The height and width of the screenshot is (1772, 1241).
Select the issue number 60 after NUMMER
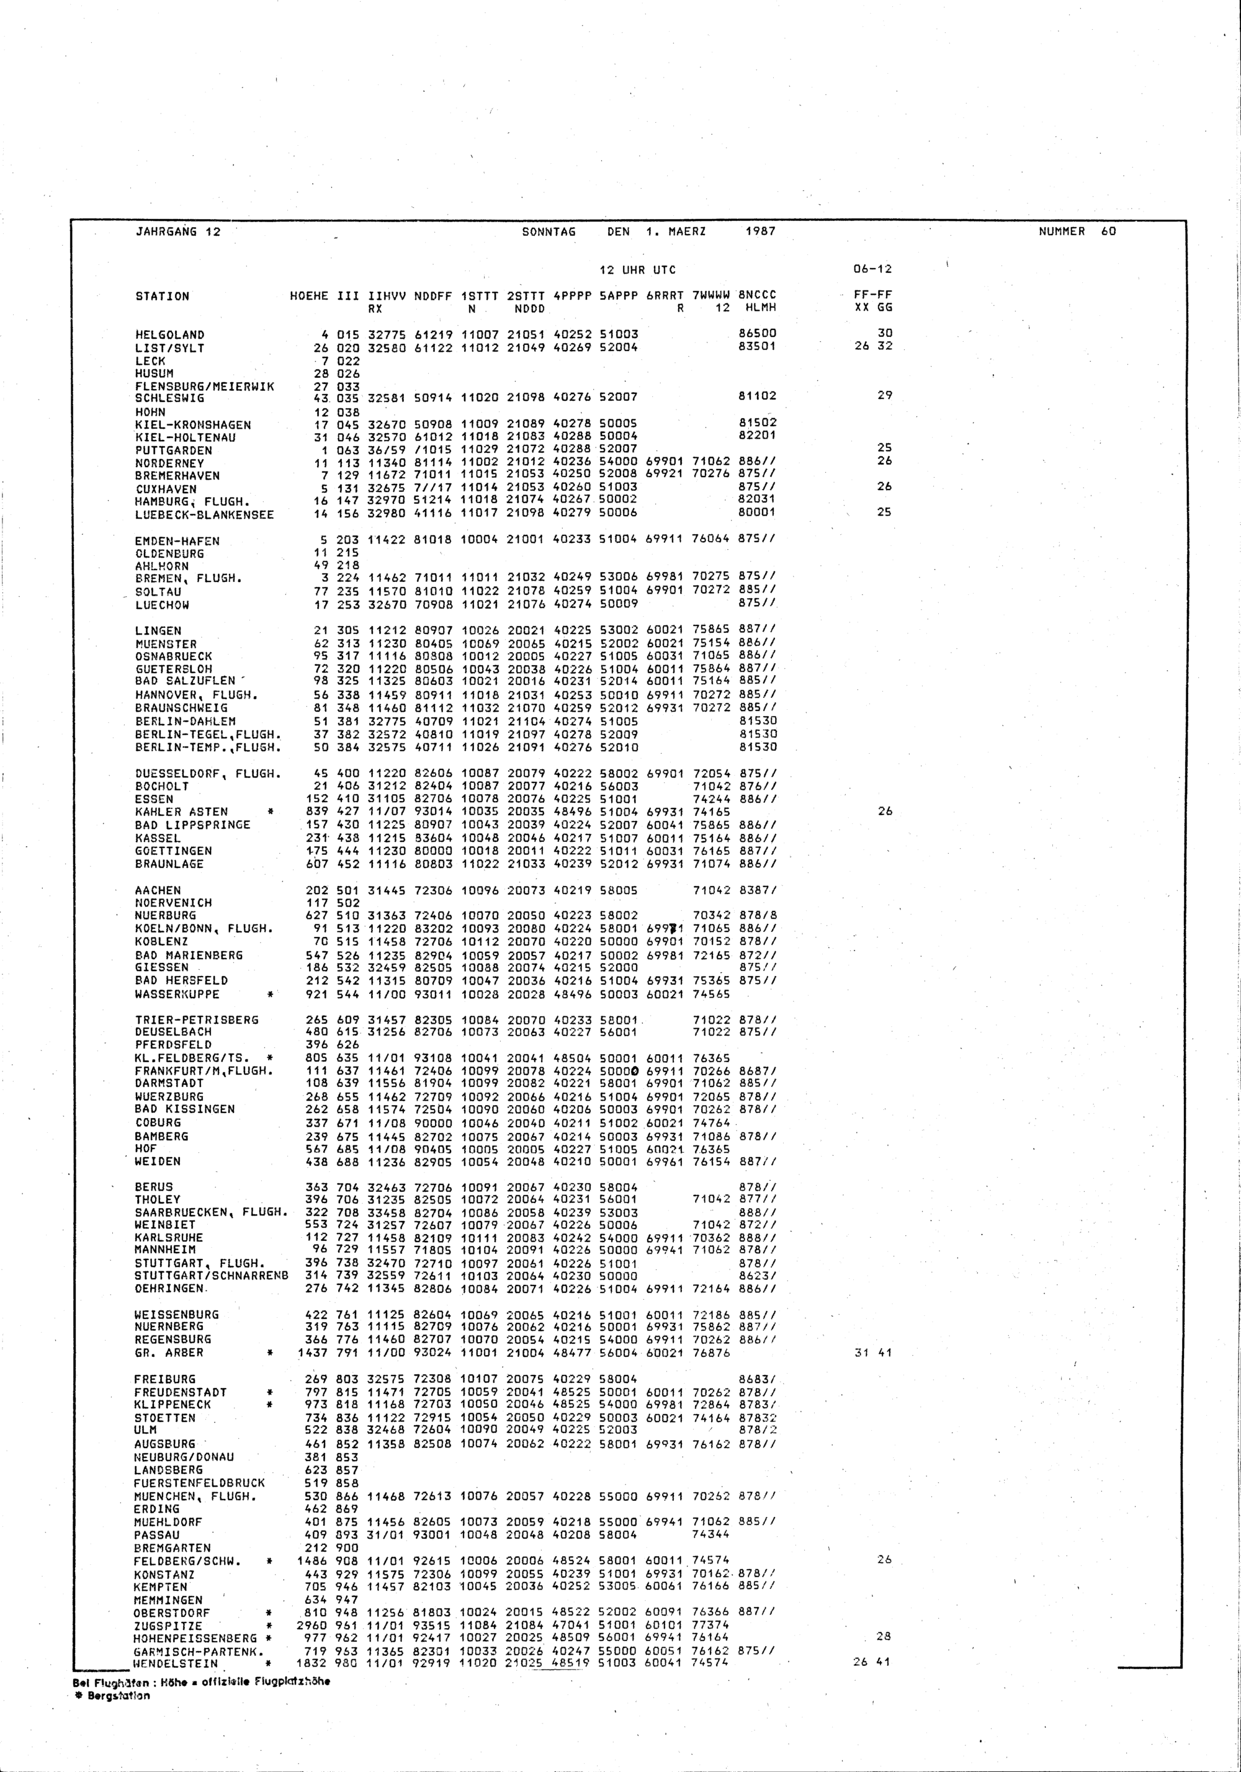pyautogui.click(x=1108, y=231)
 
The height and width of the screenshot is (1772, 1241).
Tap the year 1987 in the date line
pyautogui.click(x=761, y=231)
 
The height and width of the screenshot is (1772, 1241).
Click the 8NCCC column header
pyautogui.click(x=757, y=295)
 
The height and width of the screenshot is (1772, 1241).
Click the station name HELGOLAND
pyautogui.click(x=170, y=335)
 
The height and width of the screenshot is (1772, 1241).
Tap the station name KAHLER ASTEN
pyautogui.click(x=181, y=812)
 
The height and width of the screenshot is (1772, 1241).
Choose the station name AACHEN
pyautogui.click(x=158, y=890)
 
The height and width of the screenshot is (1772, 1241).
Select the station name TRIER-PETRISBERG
pyautogui.click(x=197, y=1019)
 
